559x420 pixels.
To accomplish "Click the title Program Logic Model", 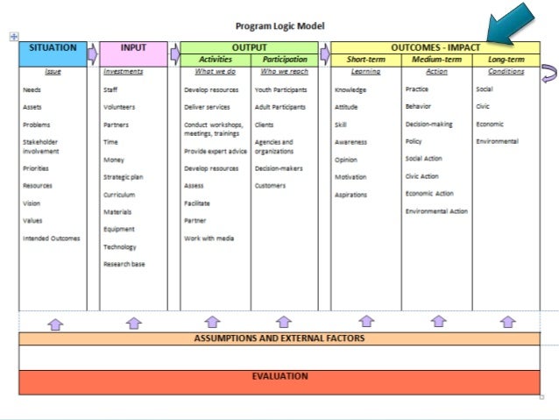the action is click(280, 26).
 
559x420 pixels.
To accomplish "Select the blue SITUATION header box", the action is click(53, 53).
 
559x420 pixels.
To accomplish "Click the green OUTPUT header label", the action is click(250, 47).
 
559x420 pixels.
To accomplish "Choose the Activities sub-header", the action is click(216, 60).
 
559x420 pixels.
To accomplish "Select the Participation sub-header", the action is click(285, 60).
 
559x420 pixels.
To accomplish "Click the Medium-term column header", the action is click(436, 60).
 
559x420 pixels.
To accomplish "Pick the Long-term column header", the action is click(506, 60).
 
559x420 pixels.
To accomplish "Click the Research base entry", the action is click(124, 264).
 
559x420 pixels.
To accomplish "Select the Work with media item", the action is click(209, 238).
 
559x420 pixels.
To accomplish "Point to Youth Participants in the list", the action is click(280, 89).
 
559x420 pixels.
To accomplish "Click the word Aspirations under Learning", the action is click(350, 195).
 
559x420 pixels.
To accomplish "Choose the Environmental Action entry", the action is click(436, 211).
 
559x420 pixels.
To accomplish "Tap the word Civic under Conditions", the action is click(483, 107).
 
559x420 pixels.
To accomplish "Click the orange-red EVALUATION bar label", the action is click(279, 377).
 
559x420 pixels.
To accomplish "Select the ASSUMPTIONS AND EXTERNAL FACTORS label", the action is click(279, 338).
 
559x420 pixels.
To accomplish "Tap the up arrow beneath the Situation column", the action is click(55, 323).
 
